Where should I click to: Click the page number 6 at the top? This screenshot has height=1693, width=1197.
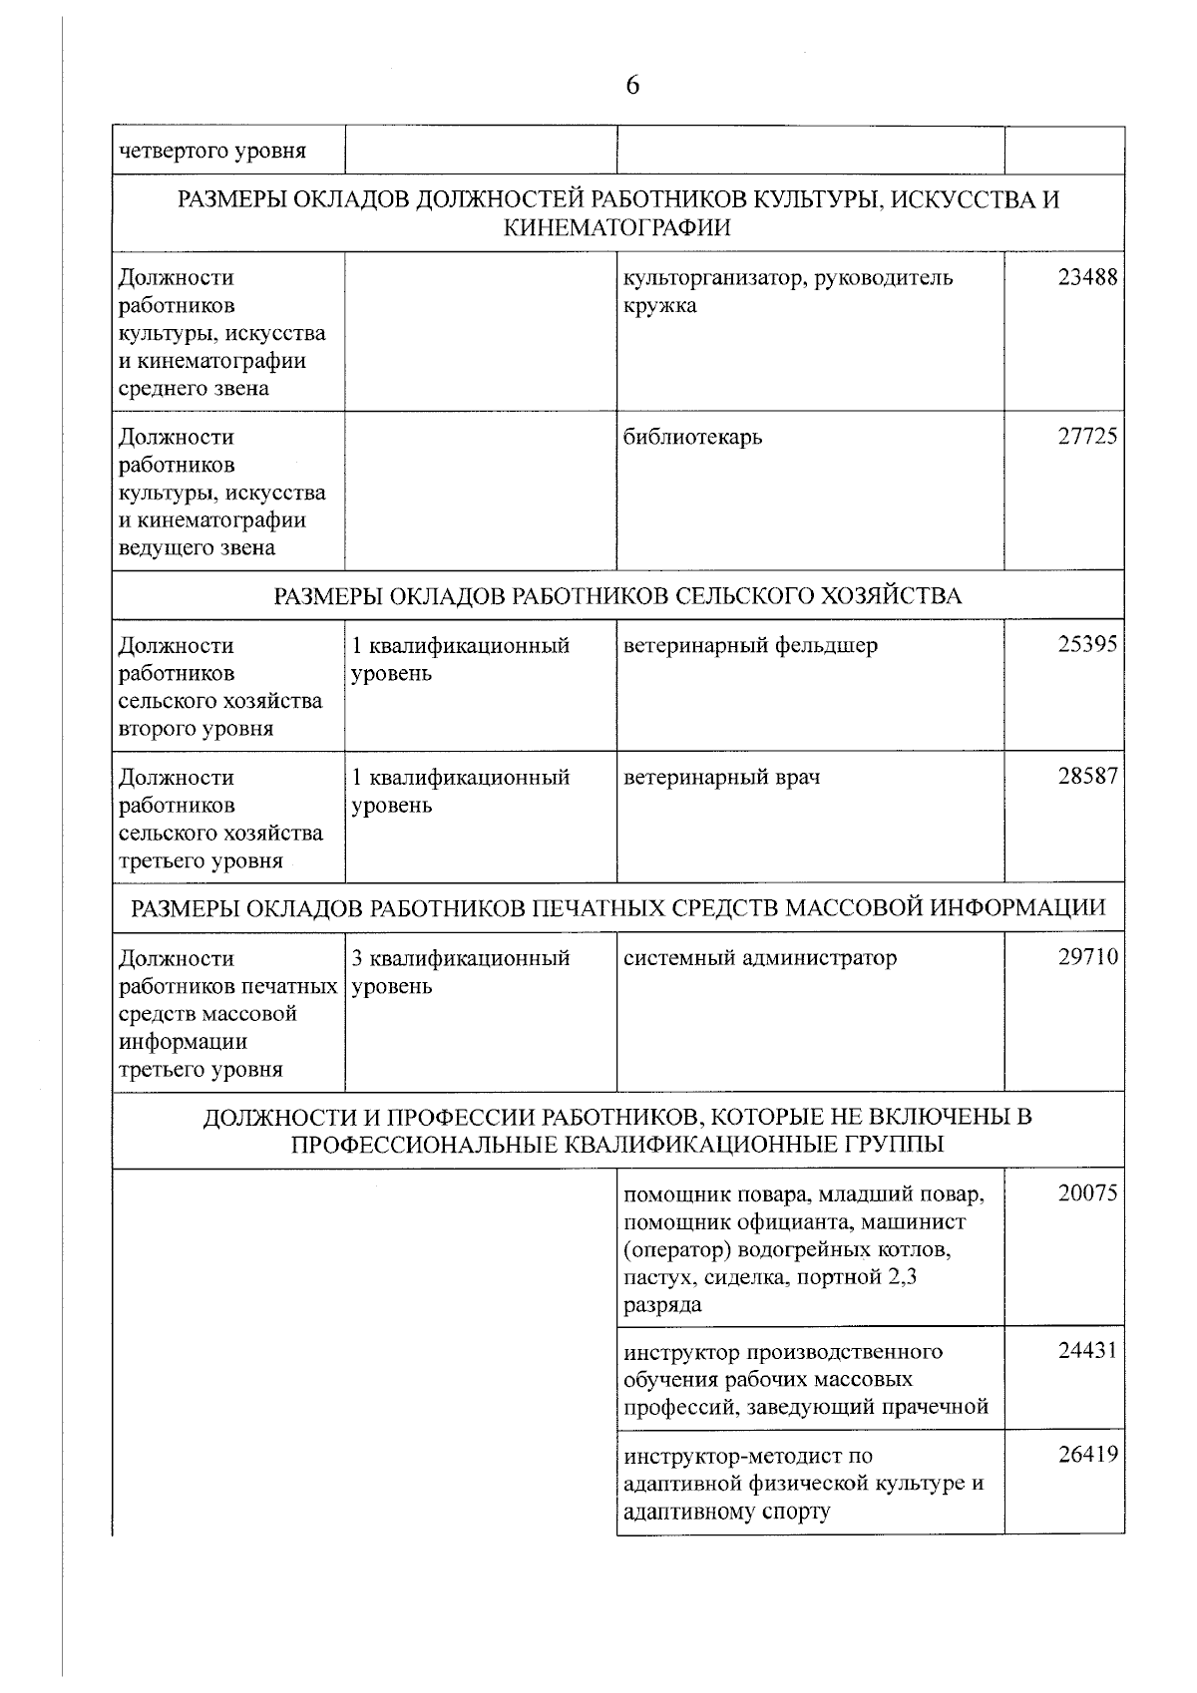(x=632, y=86)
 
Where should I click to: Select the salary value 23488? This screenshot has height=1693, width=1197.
(x=1087, y=278)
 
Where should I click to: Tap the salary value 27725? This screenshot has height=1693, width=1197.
(x=1087, y=437)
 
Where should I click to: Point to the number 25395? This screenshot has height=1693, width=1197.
(x=1087, y=645)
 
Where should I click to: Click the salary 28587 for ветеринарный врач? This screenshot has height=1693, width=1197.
(x=1087, y=777)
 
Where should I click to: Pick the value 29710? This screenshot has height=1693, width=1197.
(x=1087, y=958)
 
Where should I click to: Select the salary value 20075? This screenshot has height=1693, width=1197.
(x=1087, y=1193)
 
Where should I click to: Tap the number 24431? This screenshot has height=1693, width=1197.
(x=1087, y=1352)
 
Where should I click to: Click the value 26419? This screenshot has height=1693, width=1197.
(x=1087, y=1456)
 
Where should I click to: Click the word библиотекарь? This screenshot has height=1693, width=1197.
(x=692, y=438)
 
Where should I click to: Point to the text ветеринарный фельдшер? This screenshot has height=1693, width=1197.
(x=750, y=646)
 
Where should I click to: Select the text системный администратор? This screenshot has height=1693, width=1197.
(x=759, y=959)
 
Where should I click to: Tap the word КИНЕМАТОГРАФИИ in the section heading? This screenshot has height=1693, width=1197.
(x=617, y=228)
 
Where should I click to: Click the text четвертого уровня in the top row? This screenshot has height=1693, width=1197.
(x=212, y=152)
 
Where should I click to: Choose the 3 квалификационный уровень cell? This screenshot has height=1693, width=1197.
(x=461, y=972)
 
